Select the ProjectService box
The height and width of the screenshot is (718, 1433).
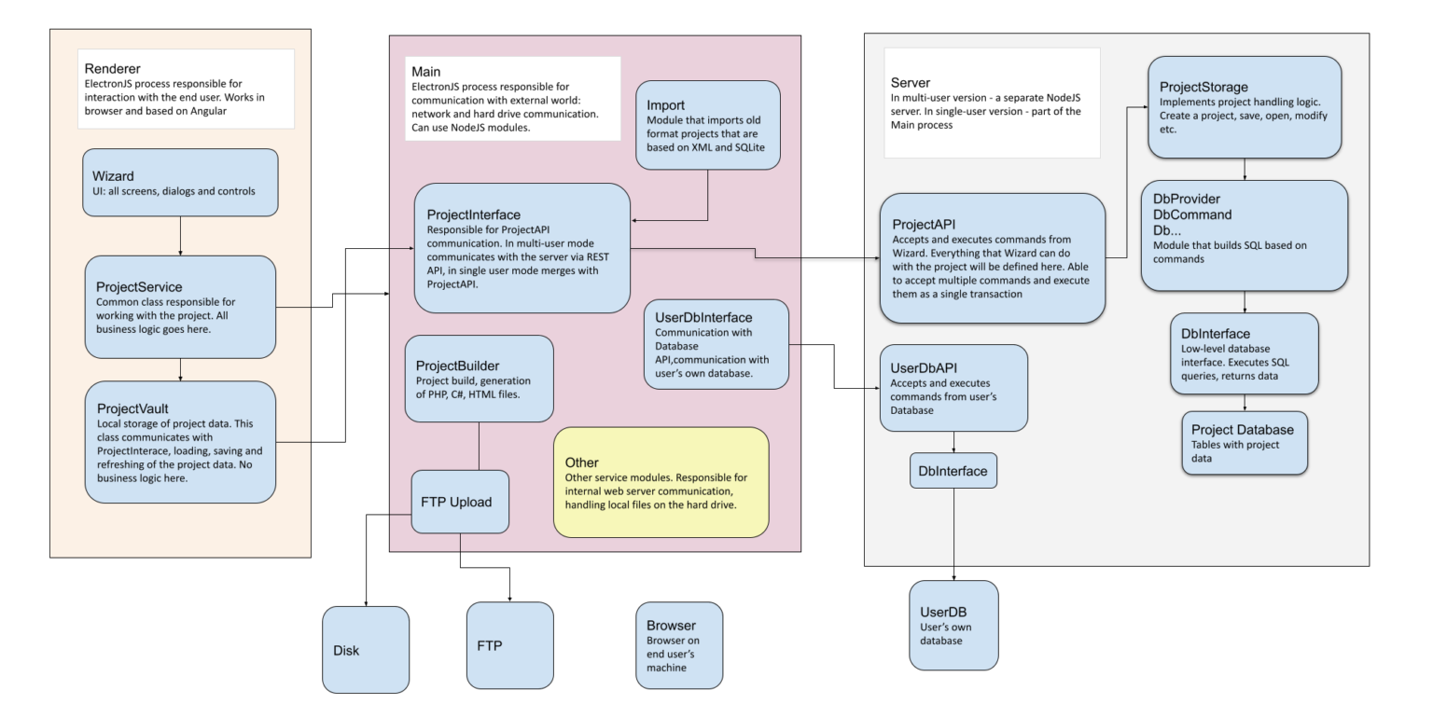tap(180, 306)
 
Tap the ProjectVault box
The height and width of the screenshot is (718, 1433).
tap(180, 441)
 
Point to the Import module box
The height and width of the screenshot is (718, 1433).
tap(708, 125)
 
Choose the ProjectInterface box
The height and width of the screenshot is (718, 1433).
tap(522, 248)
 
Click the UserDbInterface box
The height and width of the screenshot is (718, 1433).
tap(716, 343)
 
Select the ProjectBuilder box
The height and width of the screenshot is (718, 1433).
tap(479, 379)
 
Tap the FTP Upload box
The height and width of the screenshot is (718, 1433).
tap(460, 502)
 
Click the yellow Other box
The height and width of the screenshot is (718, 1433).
tap(661, 483)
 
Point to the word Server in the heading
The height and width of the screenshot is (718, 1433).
tap(911, 83)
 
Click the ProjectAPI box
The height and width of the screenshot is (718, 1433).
tap(993, 258)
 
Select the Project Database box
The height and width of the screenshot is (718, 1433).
tap(1245, 443)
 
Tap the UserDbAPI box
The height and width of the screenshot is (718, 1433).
tap(953, 388)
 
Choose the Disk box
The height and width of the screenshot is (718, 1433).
tap(366, 650)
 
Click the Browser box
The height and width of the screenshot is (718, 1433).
tap(678, 645)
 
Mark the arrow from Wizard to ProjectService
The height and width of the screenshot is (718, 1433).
tap(180, 239)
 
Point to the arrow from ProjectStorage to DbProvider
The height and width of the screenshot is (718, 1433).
tap(1245, 169)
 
